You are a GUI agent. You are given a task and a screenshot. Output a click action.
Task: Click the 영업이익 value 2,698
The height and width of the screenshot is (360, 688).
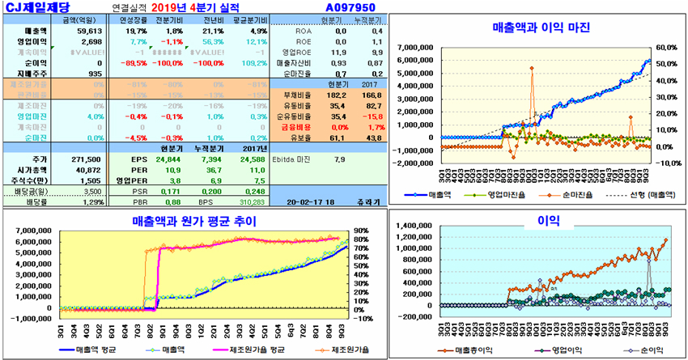(x=91, y=40)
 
